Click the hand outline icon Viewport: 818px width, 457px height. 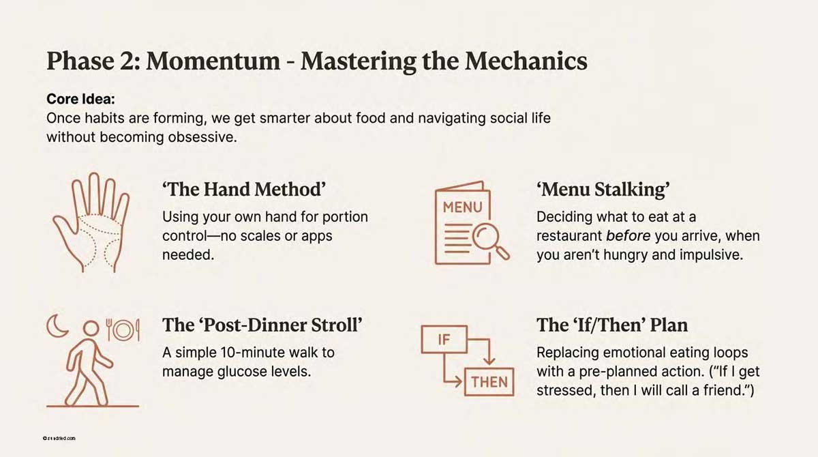pos(91,224)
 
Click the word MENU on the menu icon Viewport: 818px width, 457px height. pos(463,207)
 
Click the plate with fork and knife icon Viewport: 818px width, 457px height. pos(123,329)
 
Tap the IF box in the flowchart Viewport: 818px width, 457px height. pos(443,340)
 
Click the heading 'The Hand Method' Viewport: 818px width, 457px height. pos(243,190)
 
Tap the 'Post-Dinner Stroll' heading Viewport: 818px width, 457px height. pos(262,325)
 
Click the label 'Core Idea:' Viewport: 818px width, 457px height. pos(80,99)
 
